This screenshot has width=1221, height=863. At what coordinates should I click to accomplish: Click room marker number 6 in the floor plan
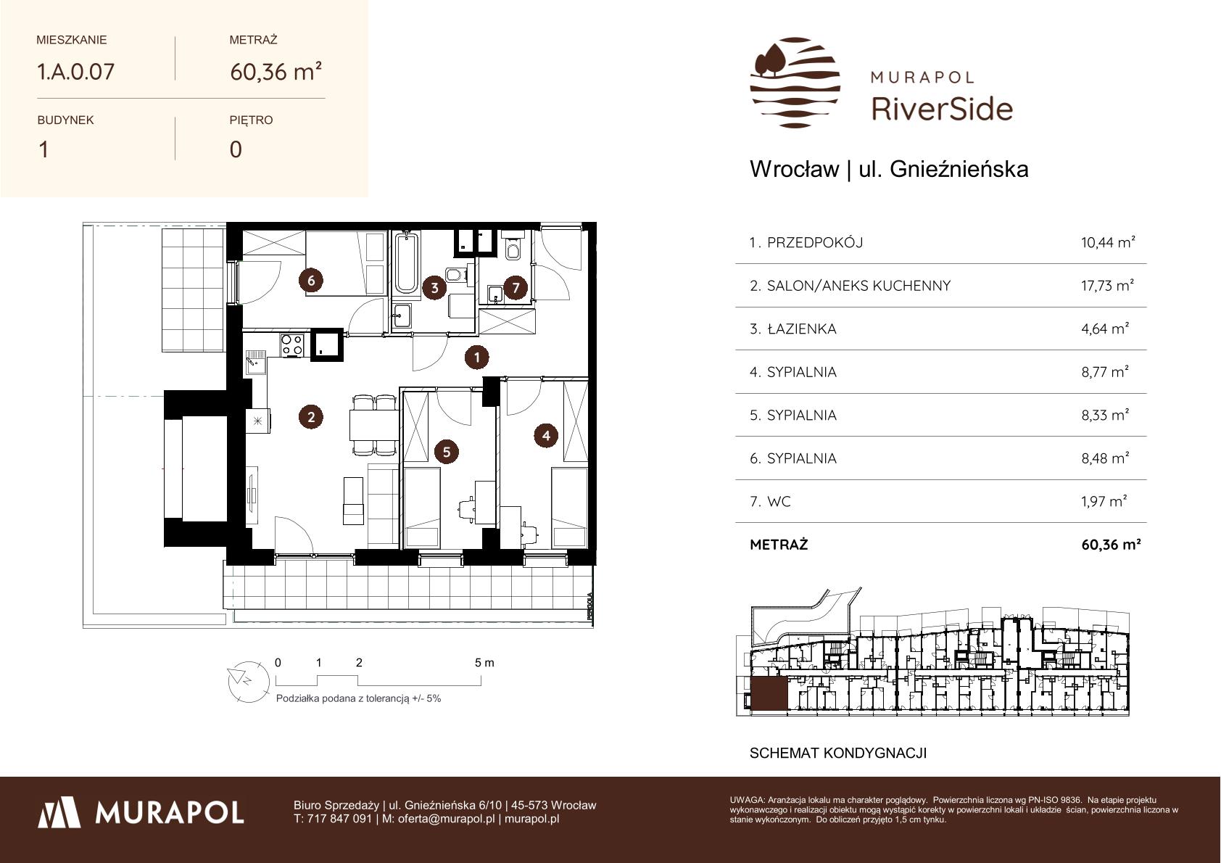(311, 281)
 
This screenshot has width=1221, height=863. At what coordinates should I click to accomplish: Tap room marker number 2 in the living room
(311, 417)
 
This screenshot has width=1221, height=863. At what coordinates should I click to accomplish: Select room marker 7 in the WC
(516, 286)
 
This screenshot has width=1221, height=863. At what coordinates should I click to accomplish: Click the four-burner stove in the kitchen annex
(291, 344)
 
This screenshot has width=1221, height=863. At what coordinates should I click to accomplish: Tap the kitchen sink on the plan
(254, 362)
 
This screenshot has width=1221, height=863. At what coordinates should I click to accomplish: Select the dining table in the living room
(374, 425)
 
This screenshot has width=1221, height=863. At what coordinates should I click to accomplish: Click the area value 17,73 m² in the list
(1108, 285)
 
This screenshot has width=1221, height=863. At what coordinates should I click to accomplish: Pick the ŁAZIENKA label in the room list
(801, 329)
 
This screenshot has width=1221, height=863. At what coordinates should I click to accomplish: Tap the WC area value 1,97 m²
(1104, 501)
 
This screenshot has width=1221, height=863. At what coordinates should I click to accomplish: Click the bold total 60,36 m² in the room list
(1111, 544)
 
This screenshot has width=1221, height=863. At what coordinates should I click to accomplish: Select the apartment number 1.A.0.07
(75, 71)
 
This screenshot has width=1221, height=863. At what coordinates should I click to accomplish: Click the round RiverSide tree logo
(795, 83)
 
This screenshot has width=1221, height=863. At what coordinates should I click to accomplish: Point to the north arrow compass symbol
(248, 682)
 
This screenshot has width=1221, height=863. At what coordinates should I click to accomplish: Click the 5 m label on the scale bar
(484, 663)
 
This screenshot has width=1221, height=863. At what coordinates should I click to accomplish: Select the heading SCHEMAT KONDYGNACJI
(837, 753)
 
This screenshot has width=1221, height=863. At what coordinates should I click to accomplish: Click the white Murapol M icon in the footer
(59, 812)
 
